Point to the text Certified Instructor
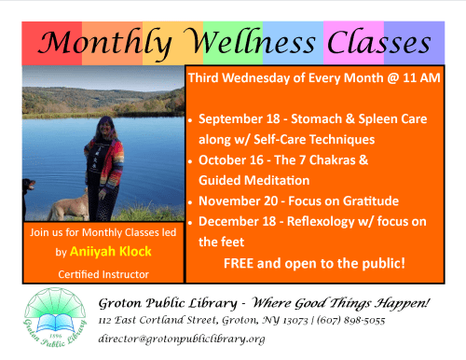(103, 273)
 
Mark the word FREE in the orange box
(240, 263)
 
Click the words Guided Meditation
(254, 180)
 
